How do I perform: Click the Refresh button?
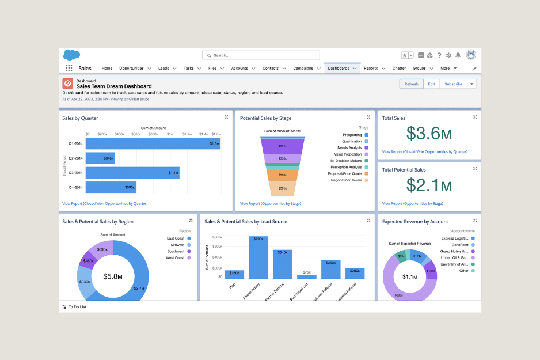tap(411, 84)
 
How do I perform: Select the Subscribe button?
tap(453, 84)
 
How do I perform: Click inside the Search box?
tap(261, 55)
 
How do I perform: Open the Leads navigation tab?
tap(163, 68)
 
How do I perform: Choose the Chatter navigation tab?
tap(399, 68)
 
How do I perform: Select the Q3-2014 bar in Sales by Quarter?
tap(133, 172)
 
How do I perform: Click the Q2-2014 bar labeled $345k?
tap(100, 157)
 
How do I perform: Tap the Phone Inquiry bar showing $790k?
tap(258, 257)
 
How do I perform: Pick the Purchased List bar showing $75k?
tap(306, 276)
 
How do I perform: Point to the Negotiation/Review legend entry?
tap(346, 180)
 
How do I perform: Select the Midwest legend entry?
tap(176, 244)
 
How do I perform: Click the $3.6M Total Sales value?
tap(429, 133)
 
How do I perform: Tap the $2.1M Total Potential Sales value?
tap(429, 185)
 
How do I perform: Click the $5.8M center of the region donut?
tap(112, 276)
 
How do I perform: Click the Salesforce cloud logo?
tap(71, 55)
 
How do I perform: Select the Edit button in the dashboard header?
tap(431, 84)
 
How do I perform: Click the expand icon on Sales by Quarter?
tap(226, 117)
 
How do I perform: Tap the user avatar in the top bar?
tap(471, 55)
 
